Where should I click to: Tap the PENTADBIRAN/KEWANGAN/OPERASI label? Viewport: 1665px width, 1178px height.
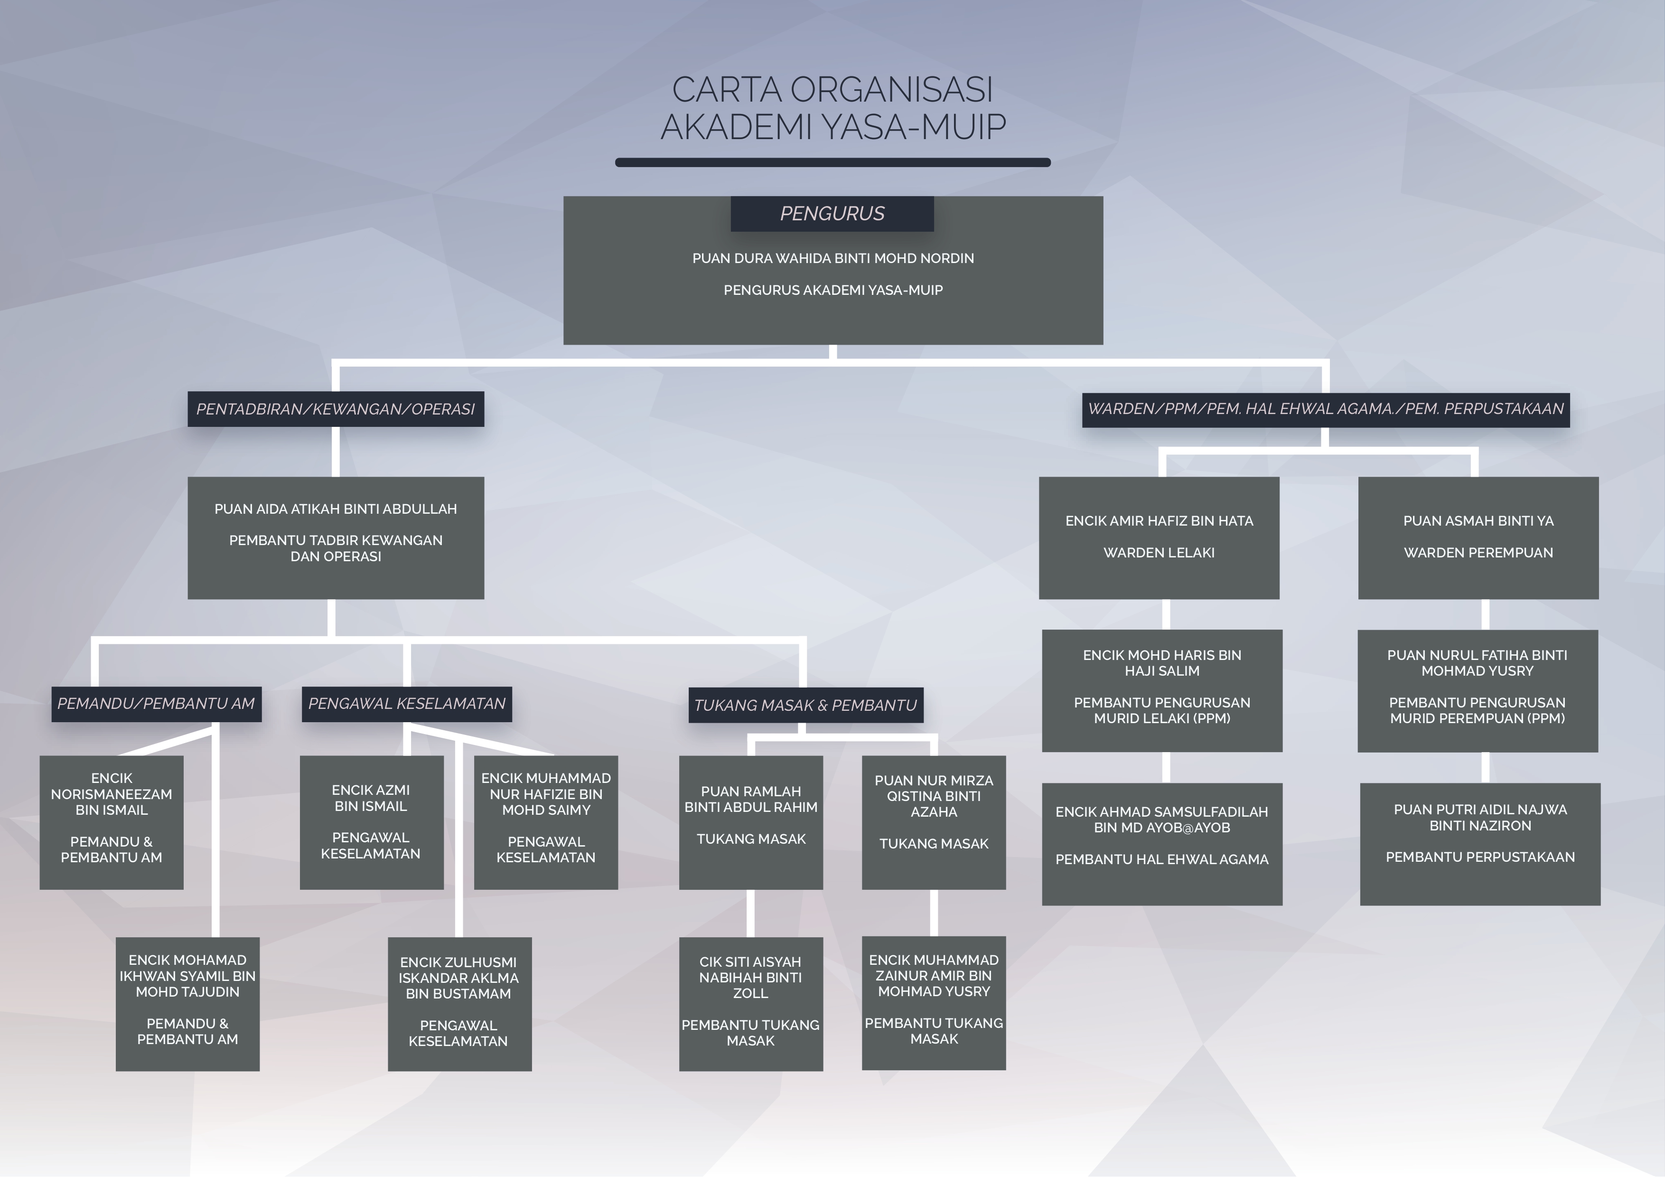point(335,409)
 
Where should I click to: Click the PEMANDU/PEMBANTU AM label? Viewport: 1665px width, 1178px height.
point(156,704)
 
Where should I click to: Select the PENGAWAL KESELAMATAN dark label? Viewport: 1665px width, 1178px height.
point(406,704)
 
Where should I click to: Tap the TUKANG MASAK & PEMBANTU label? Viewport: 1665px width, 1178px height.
point(805,705)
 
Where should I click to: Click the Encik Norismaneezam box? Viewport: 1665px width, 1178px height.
point(111,822)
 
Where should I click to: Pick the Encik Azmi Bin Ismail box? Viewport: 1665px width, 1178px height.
point(371,822)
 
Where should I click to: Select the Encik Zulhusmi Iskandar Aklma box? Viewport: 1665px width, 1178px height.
point(459,1003)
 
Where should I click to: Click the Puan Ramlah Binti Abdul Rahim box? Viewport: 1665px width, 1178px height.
point(750,822)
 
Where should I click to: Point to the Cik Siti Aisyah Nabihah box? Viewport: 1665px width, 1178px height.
point(750,1003)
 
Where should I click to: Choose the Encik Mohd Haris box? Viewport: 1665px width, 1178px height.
point(1162,690)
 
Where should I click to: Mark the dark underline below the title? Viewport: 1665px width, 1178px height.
point(832,162)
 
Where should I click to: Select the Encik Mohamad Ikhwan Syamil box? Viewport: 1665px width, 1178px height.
point(187,1003)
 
